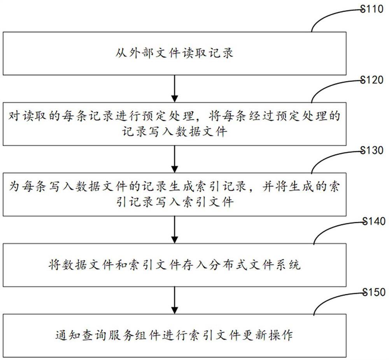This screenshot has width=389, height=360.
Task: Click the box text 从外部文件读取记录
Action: point(174,53)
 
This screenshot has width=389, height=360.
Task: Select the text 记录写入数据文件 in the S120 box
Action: point(174,131)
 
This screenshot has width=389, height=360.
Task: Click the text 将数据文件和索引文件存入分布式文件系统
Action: point(174,266)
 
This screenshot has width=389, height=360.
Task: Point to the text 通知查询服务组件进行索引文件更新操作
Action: point(174,335)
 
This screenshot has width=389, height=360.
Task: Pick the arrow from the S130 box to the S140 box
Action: point(174,229)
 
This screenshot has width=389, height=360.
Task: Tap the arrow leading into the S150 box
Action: point(174,300)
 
